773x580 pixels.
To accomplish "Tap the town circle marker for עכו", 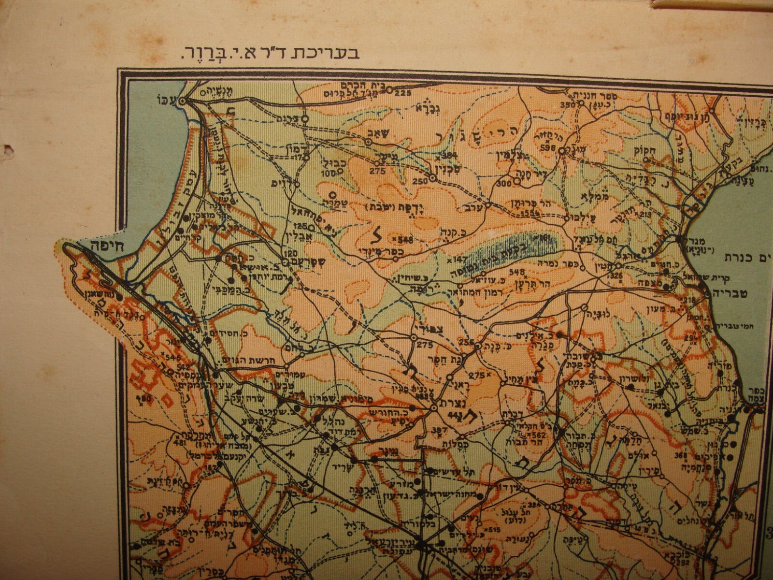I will [183, 102].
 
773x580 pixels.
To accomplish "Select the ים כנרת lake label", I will [748, 256].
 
